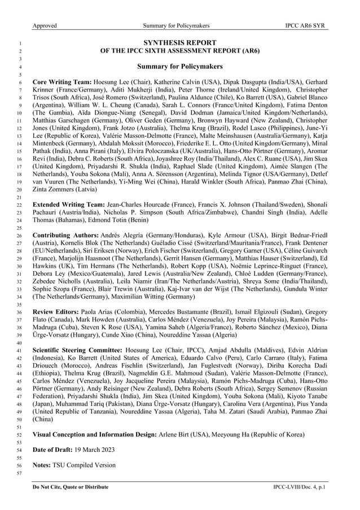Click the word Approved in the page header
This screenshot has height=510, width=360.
[45, 26]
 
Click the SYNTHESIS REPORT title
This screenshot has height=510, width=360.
[179, 42]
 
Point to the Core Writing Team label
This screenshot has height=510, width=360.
[62, 82]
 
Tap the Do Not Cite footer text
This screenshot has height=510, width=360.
[71, 486]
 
